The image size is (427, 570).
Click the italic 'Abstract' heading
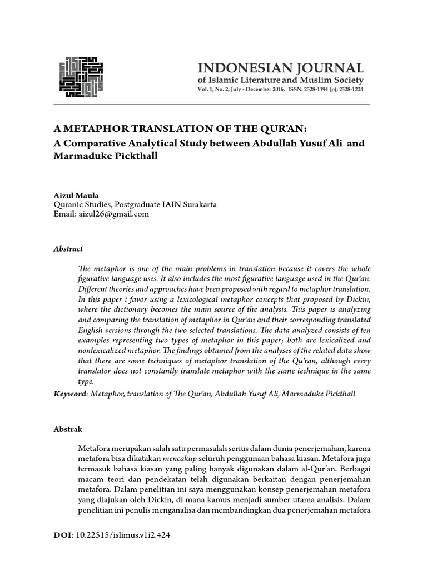pyautogui.click(x=68, y=249)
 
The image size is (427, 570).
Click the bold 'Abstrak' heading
pyautogui.click(x=67, y=430)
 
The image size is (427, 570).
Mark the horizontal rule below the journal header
pyautogui.click(x=211, y=104)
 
